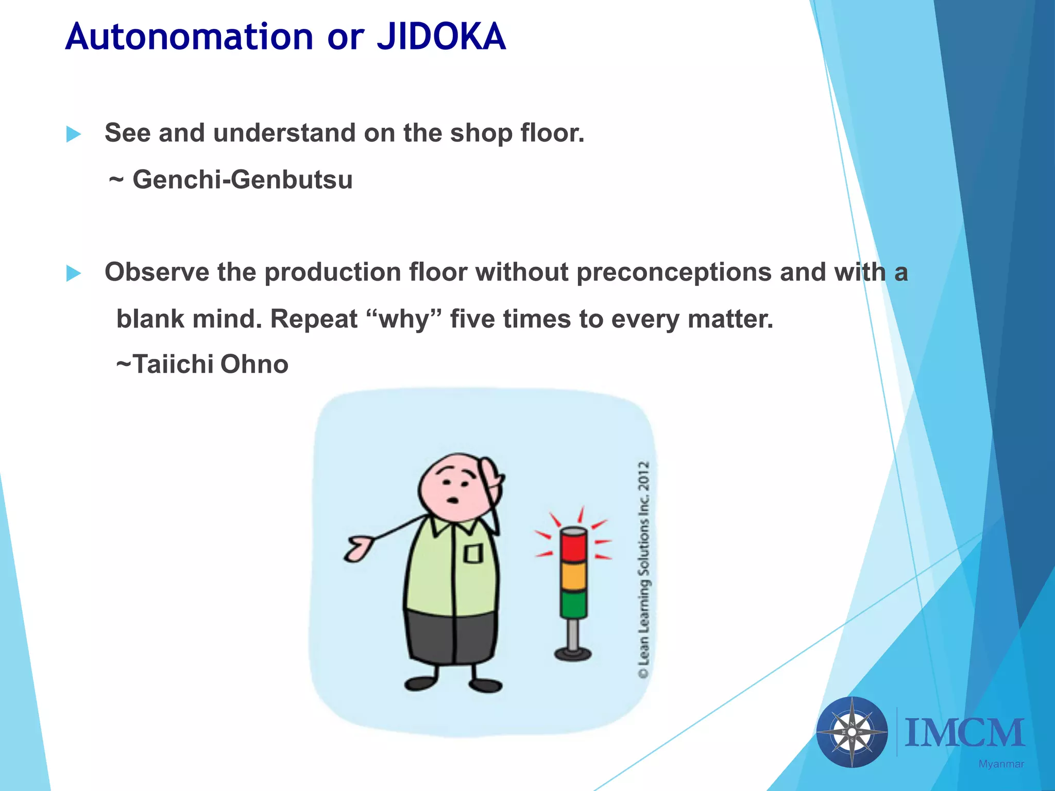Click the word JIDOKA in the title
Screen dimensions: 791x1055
pyautogui.click(x=441, y=37)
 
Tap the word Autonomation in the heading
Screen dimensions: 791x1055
pyautogui.click(x=189, y=37)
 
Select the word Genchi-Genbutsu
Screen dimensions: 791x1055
pyautogui.click(x=242, y=180)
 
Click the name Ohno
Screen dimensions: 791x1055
pyautogui.click(x=254, y=364)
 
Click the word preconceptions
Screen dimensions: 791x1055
pyautogui.click(x=674, y=272)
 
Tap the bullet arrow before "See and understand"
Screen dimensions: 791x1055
pyautogui.click(x=74, y=134)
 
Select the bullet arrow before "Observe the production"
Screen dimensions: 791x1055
pyautogui.click(x=74, y=273)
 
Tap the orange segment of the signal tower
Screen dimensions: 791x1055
pyautogui.click(x=573, y=576)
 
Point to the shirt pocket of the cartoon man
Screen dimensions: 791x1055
pyautogui.click(x=473, y=554)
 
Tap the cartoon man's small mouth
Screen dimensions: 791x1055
pyautogui.click(x=453, y=500)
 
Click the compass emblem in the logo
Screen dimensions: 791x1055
pyautogui.click(x=852, y=732)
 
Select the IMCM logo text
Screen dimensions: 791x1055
pyautogui.click(x=964, y=733)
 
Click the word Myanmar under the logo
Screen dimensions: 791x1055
pyautogui.click(x=1001, y=764)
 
